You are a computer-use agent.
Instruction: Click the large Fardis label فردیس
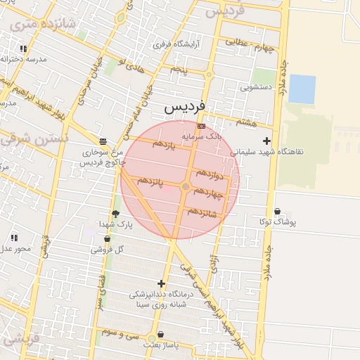[x=184, y=107]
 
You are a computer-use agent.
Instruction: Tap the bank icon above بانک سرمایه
[x=202, y=126]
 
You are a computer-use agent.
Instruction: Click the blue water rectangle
[x=302, y=89]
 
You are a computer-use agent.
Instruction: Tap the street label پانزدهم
[x=150, y=181]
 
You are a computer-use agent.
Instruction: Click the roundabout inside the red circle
[x=186, y=186]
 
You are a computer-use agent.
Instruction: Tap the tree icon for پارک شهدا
[x=115, y=213]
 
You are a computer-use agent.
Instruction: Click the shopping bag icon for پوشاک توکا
[x=277, y=211]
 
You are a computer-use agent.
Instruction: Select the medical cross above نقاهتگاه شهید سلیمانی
[x=266, y=141]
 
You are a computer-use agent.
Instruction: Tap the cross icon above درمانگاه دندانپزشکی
[x=161, y=283]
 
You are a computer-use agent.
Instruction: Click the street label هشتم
[x=246, y=122]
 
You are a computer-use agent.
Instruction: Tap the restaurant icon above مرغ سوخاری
[x=103, y=141]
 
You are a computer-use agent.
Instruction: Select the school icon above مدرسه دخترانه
[x=23, y=49]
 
